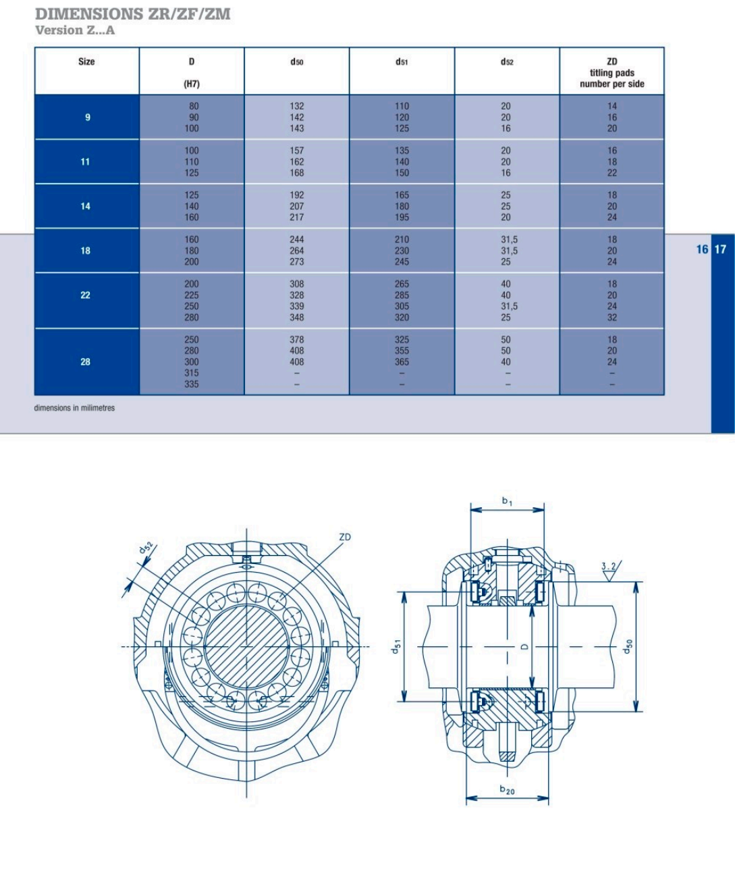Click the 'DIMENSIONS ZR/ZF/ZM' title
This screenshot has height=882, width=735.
point(132,14)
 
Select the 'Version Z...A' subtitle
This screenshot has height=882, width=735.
point(75,30)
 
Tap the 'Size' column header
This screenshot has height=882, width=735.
point(86,61)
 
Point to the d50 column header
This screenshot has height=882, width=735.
point(297,62)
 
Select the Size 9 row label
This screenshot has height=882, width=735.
point(87,118)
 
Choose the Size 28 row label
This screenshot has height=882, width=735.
point(85,362)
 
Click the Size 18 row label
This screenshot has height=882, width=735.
point(85,251)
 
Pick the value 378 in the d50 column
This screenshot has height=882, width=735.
point(297,340)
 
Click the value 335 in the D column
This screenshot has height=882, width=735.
point(192,384)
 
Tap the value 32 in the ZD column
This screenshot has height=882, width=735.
point(612,317)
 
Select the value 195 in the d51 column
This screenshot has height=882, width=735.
point(402,217)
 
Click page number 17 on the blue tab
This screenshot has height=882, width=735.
point(721,249)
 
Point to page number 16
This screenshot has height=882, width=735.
point(702,249)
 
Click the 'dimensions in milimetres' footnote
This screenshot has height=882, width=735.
point(74,408)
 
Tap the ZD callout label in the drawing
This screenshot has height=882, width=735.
point(345,537)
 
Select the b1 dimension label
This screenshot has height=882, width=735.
point(507,501)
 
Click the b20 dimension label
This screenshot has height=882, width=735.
point(507,789)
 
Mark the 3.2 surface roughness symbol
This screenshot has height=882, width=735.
point(609,571)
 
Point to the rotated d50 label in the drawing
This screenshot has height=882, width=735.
point(628,647)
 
